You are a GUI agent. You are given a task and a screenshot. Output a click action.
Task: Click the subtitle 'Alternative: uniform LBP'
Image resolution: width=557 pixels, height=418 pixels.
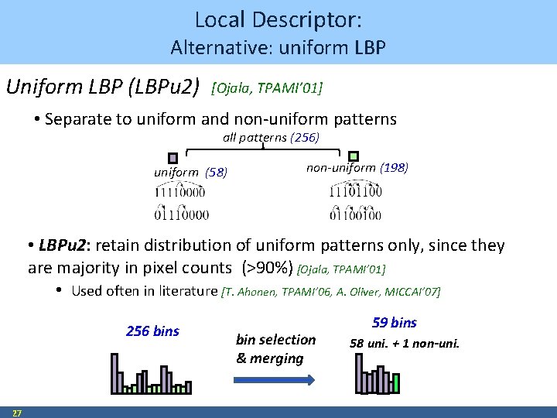278,48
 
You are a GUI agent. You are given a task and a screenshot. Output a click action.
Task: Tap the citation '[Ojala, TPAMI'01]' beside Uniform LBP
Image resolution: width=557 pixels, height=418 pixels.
266,87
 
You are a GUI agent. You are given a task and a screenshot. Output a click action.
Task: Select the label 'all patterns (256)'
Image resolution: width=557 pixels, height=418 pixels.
272,138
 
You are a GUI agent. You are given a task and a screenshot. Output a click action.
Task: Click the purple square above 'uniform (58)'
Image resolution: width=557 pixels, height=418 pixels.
173,157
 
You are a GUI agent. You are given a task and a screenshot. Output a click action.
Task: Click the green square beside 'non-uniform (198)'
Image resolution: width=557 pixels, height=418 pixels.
354,157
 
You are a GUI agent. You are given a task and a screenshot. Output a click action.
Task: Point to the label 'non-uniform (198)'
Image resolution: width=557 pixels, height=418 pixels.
357,168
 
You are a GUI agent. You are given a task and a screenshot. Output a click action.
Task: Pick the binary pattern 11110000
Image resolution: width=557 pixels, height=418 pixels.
179,191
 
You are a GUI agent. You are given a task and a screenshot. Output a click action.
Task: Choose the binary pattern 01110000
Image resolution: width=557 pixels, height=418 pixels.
181,213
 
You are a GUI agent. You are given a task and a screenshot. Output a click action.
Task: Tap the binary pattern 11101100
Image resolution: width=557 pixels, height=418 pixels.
355,191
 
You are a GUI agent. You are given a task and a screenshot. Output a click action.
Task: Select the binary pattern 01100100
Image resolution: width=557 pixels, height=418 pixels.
355,213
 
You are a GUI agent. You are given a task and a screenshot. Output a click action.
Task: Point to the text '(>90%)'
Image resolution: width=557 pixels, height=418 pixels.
266,269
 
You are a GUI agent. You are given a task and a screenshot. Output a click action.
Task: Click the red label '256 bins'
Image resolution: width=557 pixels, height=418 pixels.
152,331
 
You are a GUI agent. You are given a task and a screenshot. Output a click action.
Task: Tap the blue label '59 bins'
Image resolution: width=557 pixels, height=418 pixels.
395,323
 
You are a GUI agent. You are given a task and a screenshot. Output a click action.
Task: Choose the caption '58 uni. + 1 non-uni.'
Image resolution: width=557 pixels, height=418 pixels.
405,343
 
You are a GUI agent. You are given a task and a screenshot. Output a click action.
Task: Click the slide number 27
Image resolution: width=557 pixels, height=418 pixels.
17,413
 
